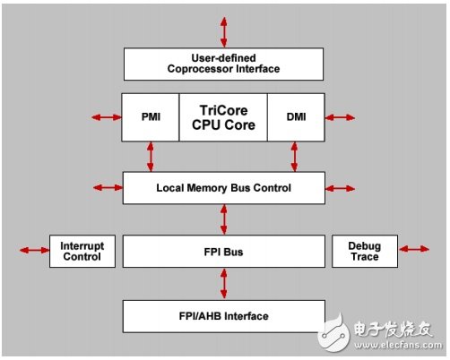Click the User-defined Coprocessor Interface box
point(223,64)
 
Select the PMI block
point(151,117)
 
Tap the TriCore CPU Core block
point(223,117)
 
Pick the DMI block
point(296,117)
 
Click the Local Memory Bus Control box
point(224,188)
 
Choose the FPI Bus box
point(224,252)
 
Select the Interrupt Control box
point(82,251)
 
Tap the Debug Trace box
point(365,251)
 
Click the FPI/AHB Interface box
point(224,316)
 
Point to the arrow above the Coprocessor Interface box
point(224,32)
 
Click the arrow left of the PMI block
point(107,117)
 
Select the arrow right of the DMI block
point(340,117)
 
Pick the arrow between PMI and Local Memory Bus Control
point(151,157)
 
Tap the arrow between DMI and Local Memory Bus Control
point(295,157)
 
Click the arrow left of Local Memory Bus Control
point(108,187)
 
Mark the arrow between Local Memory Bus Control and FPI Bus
point(224,219)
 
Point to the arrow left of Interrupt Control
point(34,250)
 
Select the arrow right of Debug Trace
point(414,249)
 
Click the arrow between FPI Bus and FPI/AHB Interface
point(224,284)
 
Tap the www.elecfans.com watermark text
point(398,345)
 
